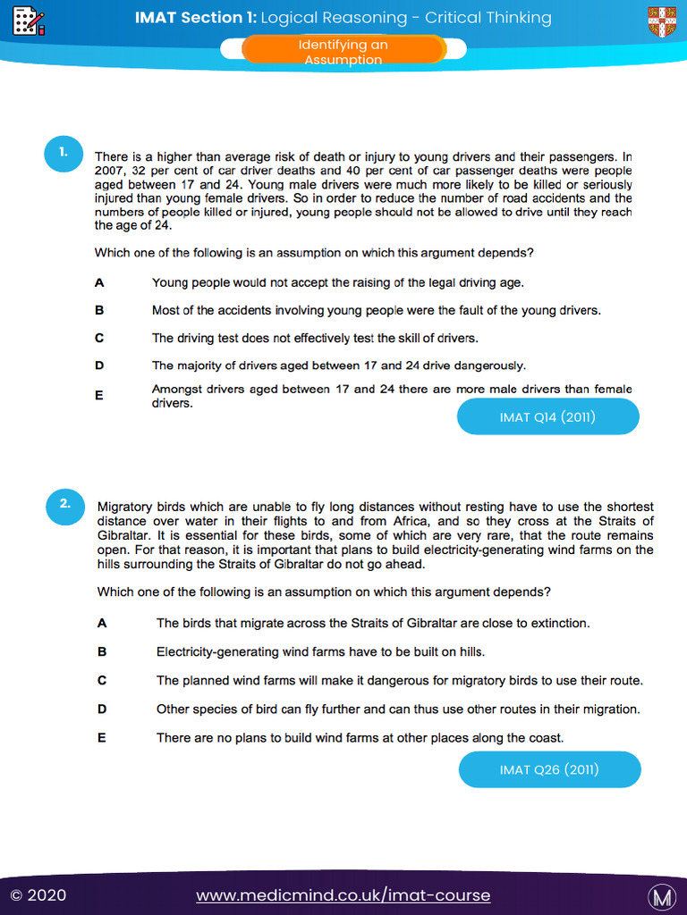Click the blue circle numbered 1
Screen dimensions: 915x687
tap(64, 153)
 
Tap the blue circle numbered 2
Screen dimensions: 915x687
tap(65, 504)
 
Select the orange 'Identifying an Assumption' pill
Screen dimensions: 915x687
tap(343, 52)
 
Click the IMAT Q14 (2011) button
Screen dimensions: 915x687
tap(547, 417)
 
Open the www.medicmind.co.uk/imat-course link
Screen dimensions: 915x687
tap(343, 895)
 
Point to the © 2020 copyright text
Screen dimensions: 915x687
tap(38, 895)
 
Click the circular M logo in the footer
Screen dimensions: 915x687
tap(661, 895)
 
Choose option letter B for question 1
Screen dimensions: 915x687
tap(99, 310)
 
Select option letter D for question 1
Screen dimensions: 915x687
tap(99, 365)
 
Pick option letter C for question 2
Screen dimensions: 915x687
tap(102, 680)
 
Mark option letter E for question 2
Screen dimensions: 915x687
tap(102, 737)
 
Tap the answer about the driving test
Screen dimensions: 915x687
tap(315, 338)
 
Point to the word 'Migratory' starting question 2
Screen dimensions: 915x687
tap(126, 506)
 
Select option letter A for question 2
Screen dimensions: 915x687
tap(102, 623)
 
